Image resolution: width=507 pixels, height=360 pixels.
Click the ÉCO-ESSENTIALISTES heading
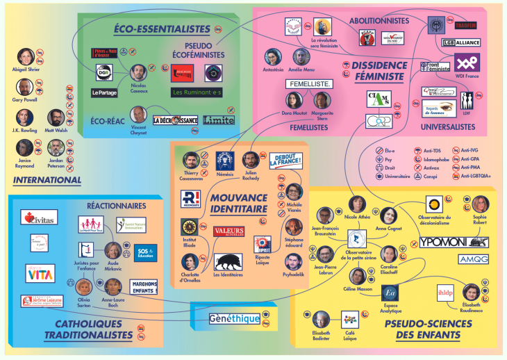click(x=161, y=28)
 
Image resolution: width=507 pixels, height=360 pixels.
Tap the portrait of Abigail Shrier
click(x=26, y=56)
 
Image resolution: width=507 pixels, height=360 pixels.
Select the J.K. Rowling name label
click(x=26, y=130)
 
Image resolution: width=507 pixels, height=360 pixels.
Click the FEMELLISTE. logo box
click(x=309, y=84)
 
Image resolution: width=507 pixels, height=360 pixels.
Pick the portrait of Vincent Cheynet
click(x=138, y=115)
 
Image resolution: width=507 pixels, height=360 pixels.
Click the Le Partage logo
click(x=104, y=92)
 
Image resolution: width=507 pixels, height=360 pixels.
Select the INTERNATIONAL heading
click(x=47, y=179)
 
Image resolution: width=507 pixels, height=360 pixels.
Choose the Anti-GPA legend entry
click(x=472, y=159)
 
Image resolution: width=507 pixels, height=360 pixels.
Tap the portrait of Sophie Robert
click(x=480, y=204)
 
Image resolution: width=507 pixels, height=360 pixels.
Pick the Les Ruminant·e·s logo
click(x=197, y=92)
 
